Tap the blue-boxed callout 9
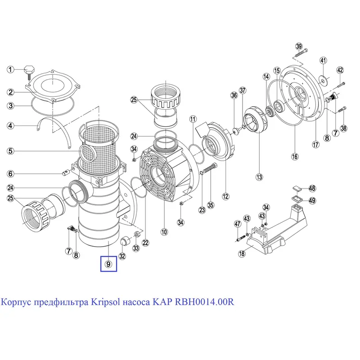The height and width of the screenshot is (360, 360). coord(108,264)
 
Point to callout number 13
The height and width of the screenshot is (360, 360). coord(259,177)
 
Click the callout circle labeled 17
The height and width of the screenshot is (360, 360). coord(315,144)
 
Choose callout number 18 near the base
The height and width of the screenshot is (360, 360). coord(242,254)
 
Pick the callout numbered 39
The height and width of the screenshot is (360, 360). coord(299,46)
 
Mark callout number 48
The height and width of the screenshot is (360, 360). coord(312,189)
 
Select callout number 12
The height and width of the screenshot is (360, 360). coord(225,196)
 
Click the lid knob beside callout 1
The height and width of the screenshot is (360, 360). coord(30,70)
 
